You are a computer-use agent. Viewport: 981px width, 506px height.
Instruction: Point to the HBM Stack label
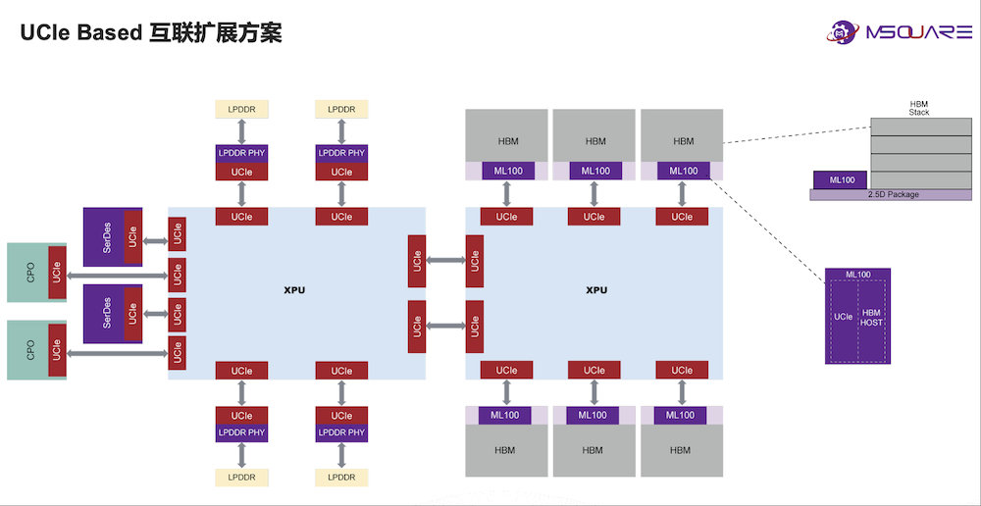coord(919,108)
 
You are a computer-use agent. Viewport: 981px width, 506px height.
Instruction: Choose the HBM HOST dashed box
coord(871,317)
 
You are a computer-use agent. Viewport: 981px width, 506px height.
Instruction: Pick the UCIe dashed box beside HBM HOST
coord(843,317)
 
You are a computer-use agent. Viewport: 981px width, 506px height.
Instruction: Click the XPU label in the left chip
coord(294,290)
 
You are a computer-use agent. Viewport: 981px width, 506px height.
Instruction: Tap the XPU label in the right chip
coord(596,290)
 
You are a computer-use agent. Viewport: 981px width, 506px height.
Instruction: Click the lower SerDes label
coord(106,313)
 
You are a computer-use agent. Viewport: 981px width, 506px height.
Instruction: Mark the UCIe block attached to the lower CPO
coord(58,348)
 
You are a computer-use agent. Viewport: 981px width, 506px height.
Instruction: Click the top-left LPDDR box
coord(241,109)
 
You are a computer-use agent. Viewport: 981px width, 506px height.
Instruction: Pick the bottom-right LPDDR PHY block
coord(341,432)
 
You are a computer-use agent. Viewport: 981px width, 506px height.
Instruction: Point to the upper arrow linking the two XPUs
coord(446,261)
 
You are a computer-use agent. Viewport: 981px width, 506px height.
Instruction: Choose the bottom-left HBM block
coord(506,450)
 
